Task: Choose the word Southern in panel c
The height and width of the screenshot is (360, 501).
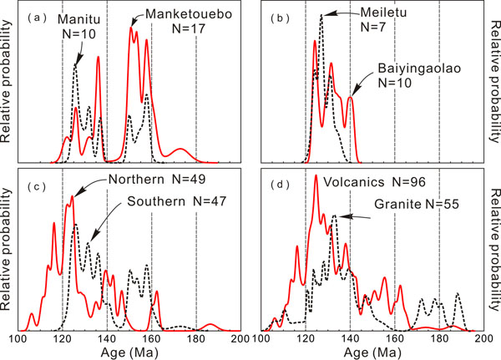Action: pyautogui.click(x=158, y=202)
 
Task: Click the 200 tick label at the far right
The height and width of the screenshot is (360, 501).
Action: pyautogui.click(x=241, y=340)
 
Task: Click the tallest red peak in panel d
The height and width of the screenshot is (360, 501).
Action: pyautogui.click(x=316, y=176)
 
